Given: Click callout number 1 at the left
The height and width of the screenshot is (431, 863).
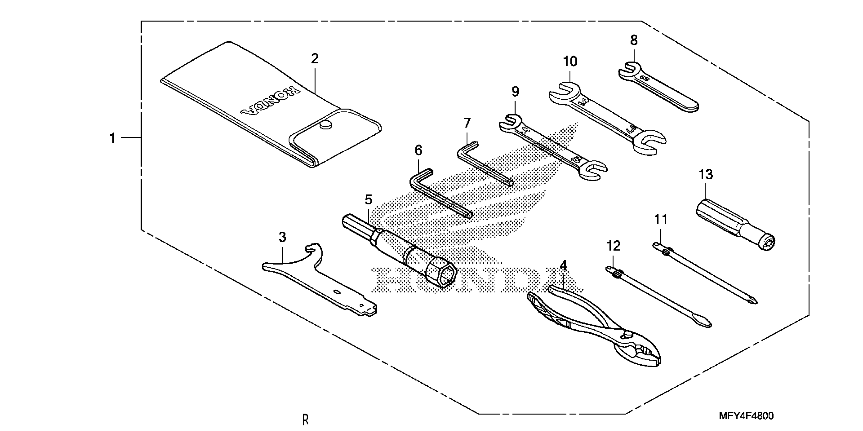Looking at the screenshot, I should tap(113, 138).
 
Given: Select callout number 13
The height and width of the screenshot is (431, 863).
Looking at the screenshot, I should tap(706, 174).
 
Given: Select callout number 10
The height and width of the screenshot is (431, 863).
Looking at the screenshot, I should tap(570, 62).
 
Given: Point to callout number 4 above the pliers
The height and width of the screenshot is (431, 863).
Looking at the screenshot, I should tap(563, 266).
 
